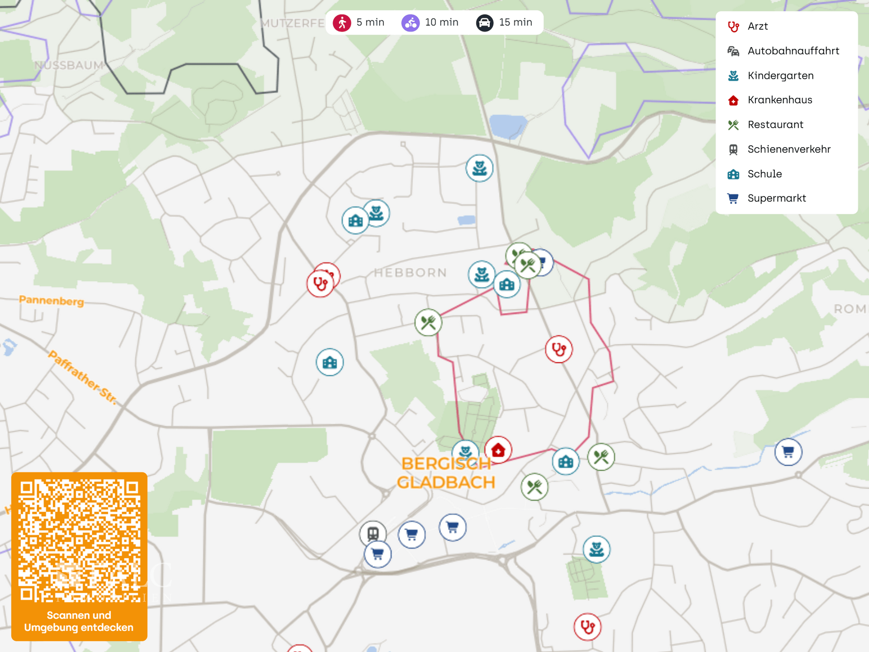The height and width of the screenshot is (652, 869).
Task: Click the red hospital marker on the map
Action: click(x=498, y=450)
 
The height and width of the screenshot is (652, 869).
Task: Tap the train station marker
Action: click(x=373, y=533)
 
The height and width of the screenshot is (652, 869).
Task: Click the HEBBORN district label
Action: click(x=410, y=273)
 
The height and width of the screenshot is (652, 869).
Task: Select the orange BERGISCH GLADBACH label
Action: click(x=446, y=473)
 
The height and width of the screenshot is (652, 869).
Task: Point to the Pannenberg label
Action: click(x=52, y=301)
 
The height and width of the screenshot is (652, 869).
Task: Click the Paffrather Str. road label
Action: click(x=82, y=377)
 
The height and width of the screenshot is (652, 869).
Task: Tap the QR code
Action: click(x=79, y=541)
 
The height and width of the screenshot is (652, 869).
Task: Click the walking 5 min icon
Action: click(x=342, y=23)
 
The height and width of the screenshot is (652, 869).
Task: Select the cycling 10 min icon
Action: click(x=411, y=23)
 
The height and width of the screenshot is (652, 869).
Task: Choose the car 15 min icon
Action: click(x=484, y=23)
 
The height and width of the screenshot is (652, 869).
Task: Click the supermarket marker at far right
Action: click(x=788, y=452)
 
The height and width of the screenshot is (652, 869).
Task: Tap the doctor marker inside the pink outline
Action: click(x=559, y=349)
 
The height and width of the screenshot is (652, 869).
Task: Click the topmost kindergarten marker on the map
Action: click(x=479, y=168)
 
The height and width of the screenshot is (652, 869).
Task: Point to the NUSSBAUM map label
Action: click(x=69, y=65)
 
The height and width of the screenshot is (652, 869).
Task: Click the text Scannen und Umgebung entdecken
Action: click(x=79, y=621)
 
